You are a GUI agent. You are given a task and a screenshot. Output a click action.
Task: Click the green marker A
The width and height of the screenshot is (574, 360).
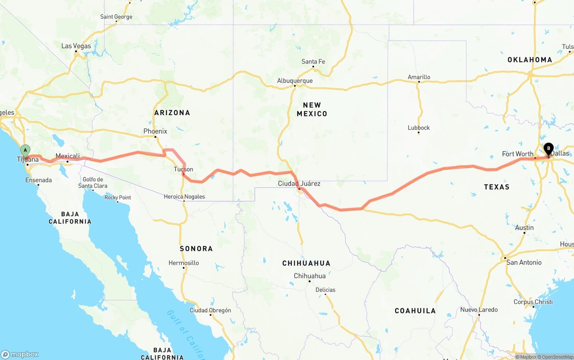coord(26,150)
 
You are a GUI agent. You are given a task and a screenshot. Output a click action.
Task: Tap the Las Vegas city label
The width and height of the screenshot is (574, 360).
coord(76,46)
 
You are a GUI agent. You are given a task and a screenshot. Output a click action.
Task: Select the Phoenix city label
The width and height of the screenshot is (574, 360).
coord(155,131)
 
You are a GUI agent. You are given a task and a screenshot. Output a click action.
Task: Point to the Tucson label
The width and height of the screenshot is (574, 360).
coord(183,169)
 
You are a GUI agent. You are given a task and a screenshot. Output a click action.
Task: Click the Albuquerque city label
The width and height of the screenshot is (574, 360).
coord(295,81)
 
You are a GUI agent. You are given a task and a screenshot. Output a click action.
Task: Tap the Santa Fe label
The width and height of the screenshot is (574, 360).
coord(313,61)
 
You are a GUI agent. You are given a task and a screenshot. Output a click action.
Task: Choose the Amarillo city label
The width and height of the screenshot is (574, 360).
coord(419,77)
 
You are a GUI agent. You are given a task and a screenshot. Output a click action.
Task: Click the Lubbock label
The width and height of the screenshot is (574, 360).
coord(419,128)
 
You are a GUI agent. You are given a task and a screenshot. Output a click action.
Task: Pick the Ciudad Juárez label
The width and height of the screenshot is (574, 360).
coord(299,183)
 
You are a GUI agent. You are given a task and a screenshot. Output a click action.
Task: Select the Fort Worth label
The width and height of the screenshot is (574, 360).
coord(517,154)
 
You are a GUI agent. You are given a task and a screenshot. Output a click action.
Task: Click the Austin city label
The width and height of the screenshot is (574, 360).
coord(524,228)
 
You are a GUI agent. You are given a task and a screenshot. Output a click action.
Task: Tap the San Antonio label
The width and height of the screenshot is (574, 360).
coord(524,262)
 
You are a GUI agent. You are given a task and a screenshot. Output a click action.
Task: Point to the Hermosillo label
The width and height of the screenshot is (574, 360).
coord(183,263)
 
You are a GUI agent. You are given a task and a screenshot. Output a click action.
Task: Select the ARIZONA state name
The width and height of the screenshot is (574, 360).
coord(172,113)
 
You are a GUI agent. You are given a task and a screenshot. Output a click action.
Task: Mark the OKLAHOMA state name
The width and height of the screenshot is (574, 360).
coord(530,60)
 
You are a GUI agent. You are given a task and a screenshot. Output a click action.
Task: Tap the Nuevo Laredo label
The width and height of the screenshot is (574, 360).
coord(479,310)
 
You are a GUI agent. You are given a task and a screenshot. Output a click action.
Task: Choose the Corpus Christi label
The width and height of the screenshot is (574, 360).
coord(533,302)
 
